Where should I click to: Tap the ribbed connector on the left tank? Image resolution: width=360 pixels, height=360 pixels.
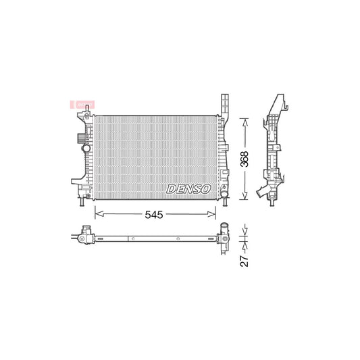tap(82, 139)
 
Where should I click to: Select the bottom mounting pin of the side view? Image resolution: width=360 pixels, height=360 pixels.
tap(274, 202)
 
